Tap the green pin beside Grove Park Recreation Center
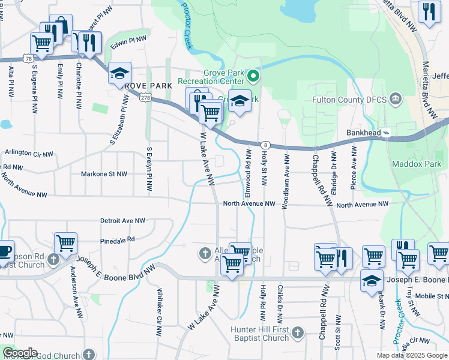click(x=253, y=76)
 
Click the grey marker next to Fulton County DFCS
click(x=395, y=98)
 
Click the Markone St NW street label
click(x=104, y=174)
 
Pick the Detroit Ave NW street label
click(x=122, y=221)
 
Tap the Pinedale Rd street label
click(x=118, y=239)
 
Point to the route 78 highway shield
click(x=28, y=58)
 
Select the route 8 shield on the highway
click(x=264, y=145)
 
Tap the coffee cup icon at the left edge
click(x=4, y=250)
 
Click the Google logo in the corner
click(x=19, y=353)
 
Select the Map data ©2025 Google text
click(x=411, y=355)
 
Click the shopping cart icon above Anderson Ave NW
click(x=65, y=242)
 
